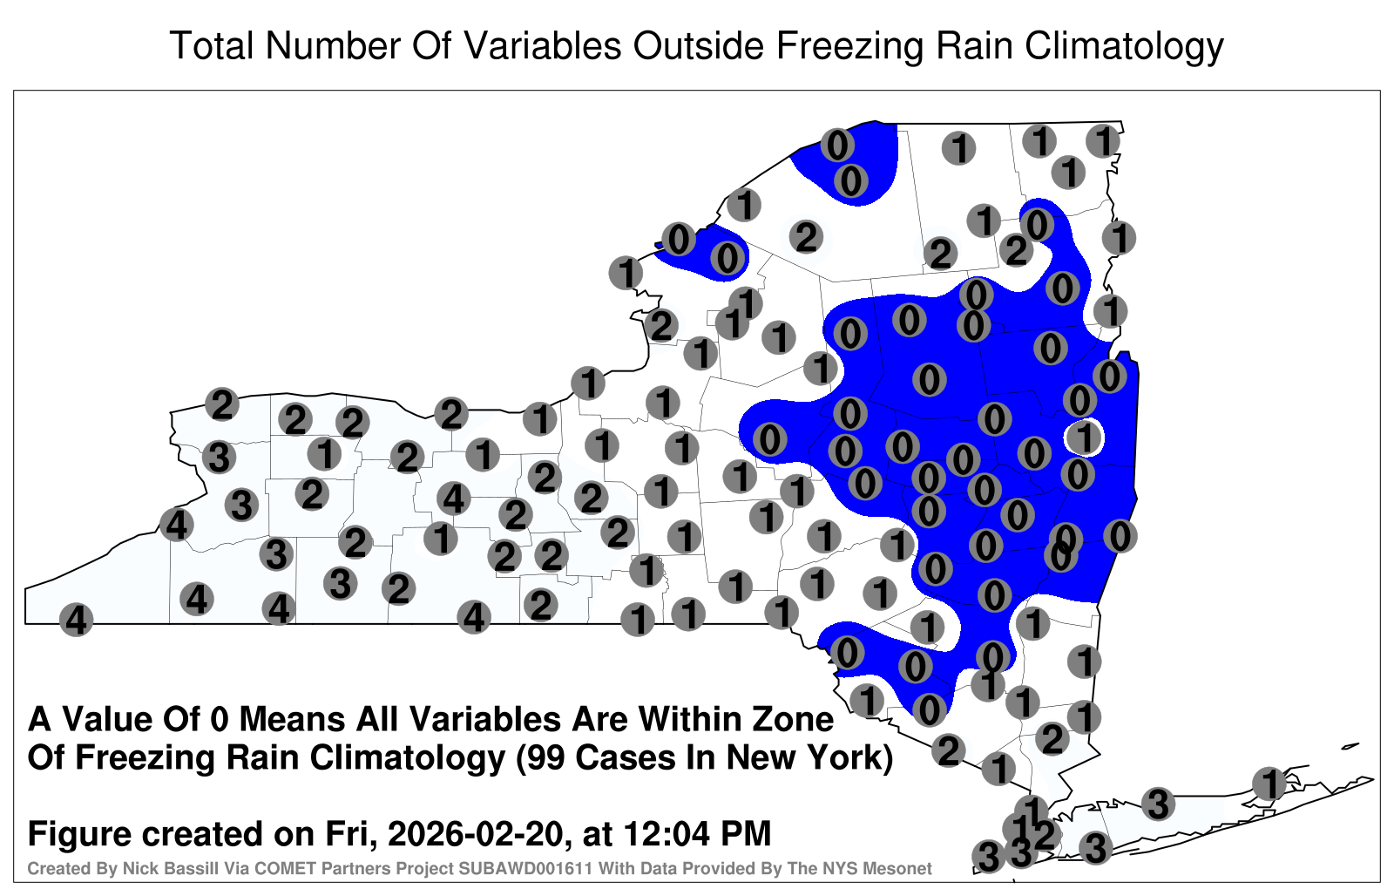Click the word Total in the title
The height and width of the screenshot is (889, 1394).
(x=212, y=45)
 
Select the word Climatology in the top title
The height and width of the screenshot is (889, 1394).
(x=1124, y=47)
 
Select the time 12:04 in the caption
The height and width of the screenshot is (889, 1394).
(x=666, y=833)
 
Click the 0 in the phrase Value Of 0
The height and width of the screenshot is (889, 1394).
(x=221, y=720)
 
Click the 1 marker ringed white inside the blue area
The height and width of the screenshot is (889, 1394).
(x=1085, y=437)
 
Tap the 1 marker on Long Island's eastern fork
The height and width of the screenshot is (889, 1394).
(x=1269, y=784)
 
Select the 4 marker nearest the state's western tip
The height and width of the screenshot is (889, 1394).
(x=76, y=620)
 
